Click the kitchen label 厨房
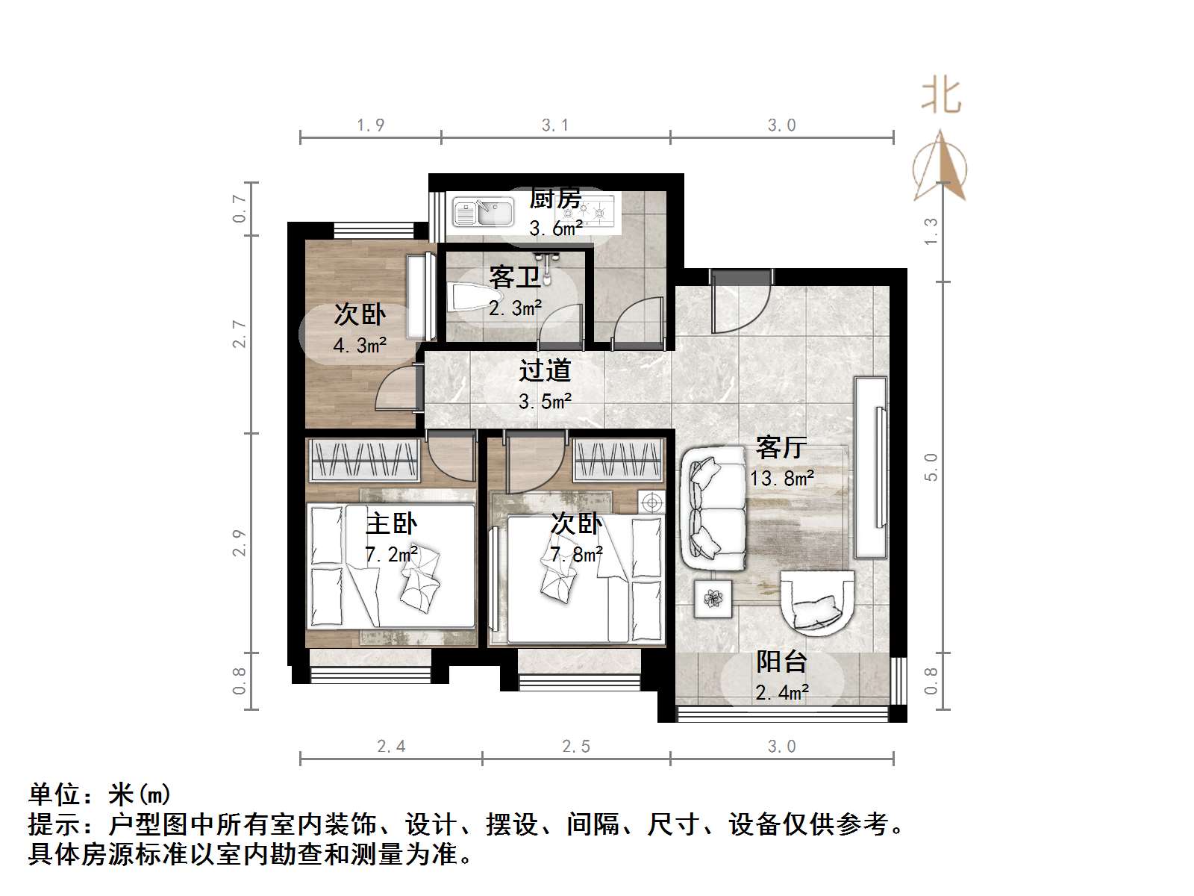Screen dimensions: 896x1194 pos(554,199)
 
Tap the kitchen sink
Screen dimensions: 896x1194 pos(484,212)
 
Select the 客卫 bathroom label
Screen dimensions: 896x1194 pos(514,278)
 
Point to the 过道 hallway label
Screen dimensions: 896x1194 pos(545,370)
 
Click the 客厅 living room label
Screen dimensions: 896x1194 pos(781,447)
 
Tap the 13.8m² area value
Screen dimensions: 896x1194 pos(781,478)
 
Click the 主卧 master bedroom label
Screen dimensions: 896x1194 pos(391,523)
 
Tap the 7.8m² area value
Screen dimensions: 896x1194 pos(576,555)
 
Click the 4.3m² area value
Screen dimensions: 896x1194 pos(359,346)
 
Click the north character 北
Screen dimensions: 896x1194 pos(940,97)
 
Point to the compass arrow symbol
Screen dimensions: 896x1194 pos(940,168)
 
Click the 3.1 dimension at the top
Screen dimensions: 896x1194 pos(554,125)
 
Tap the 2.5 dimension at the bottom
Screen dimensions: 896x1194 pos(575,746)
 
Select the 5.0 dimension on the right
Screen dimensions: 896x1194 pos(931,467)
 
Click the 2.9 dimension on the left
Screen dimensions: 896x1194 pos(239,543)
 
